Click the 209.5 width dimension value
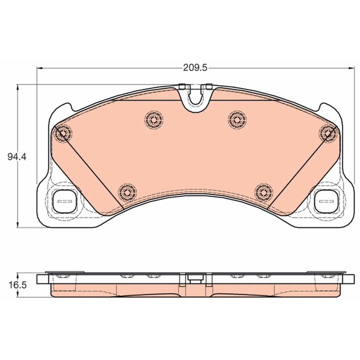[x=195, y=68]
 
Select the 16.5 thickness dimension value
[x=17, y=285]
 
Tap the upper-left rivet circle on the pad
[x=154, y=119]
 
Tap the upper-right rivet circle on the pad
[x=237, y=119]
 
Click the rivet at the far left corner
[x=62, y=133]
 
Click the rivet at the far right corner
[x=328, y=133]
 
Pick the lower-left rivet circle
[x=127, y=192]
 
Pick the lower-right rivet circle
[x=264, y=192]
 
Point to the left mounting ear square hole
[x=65, y=201]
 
